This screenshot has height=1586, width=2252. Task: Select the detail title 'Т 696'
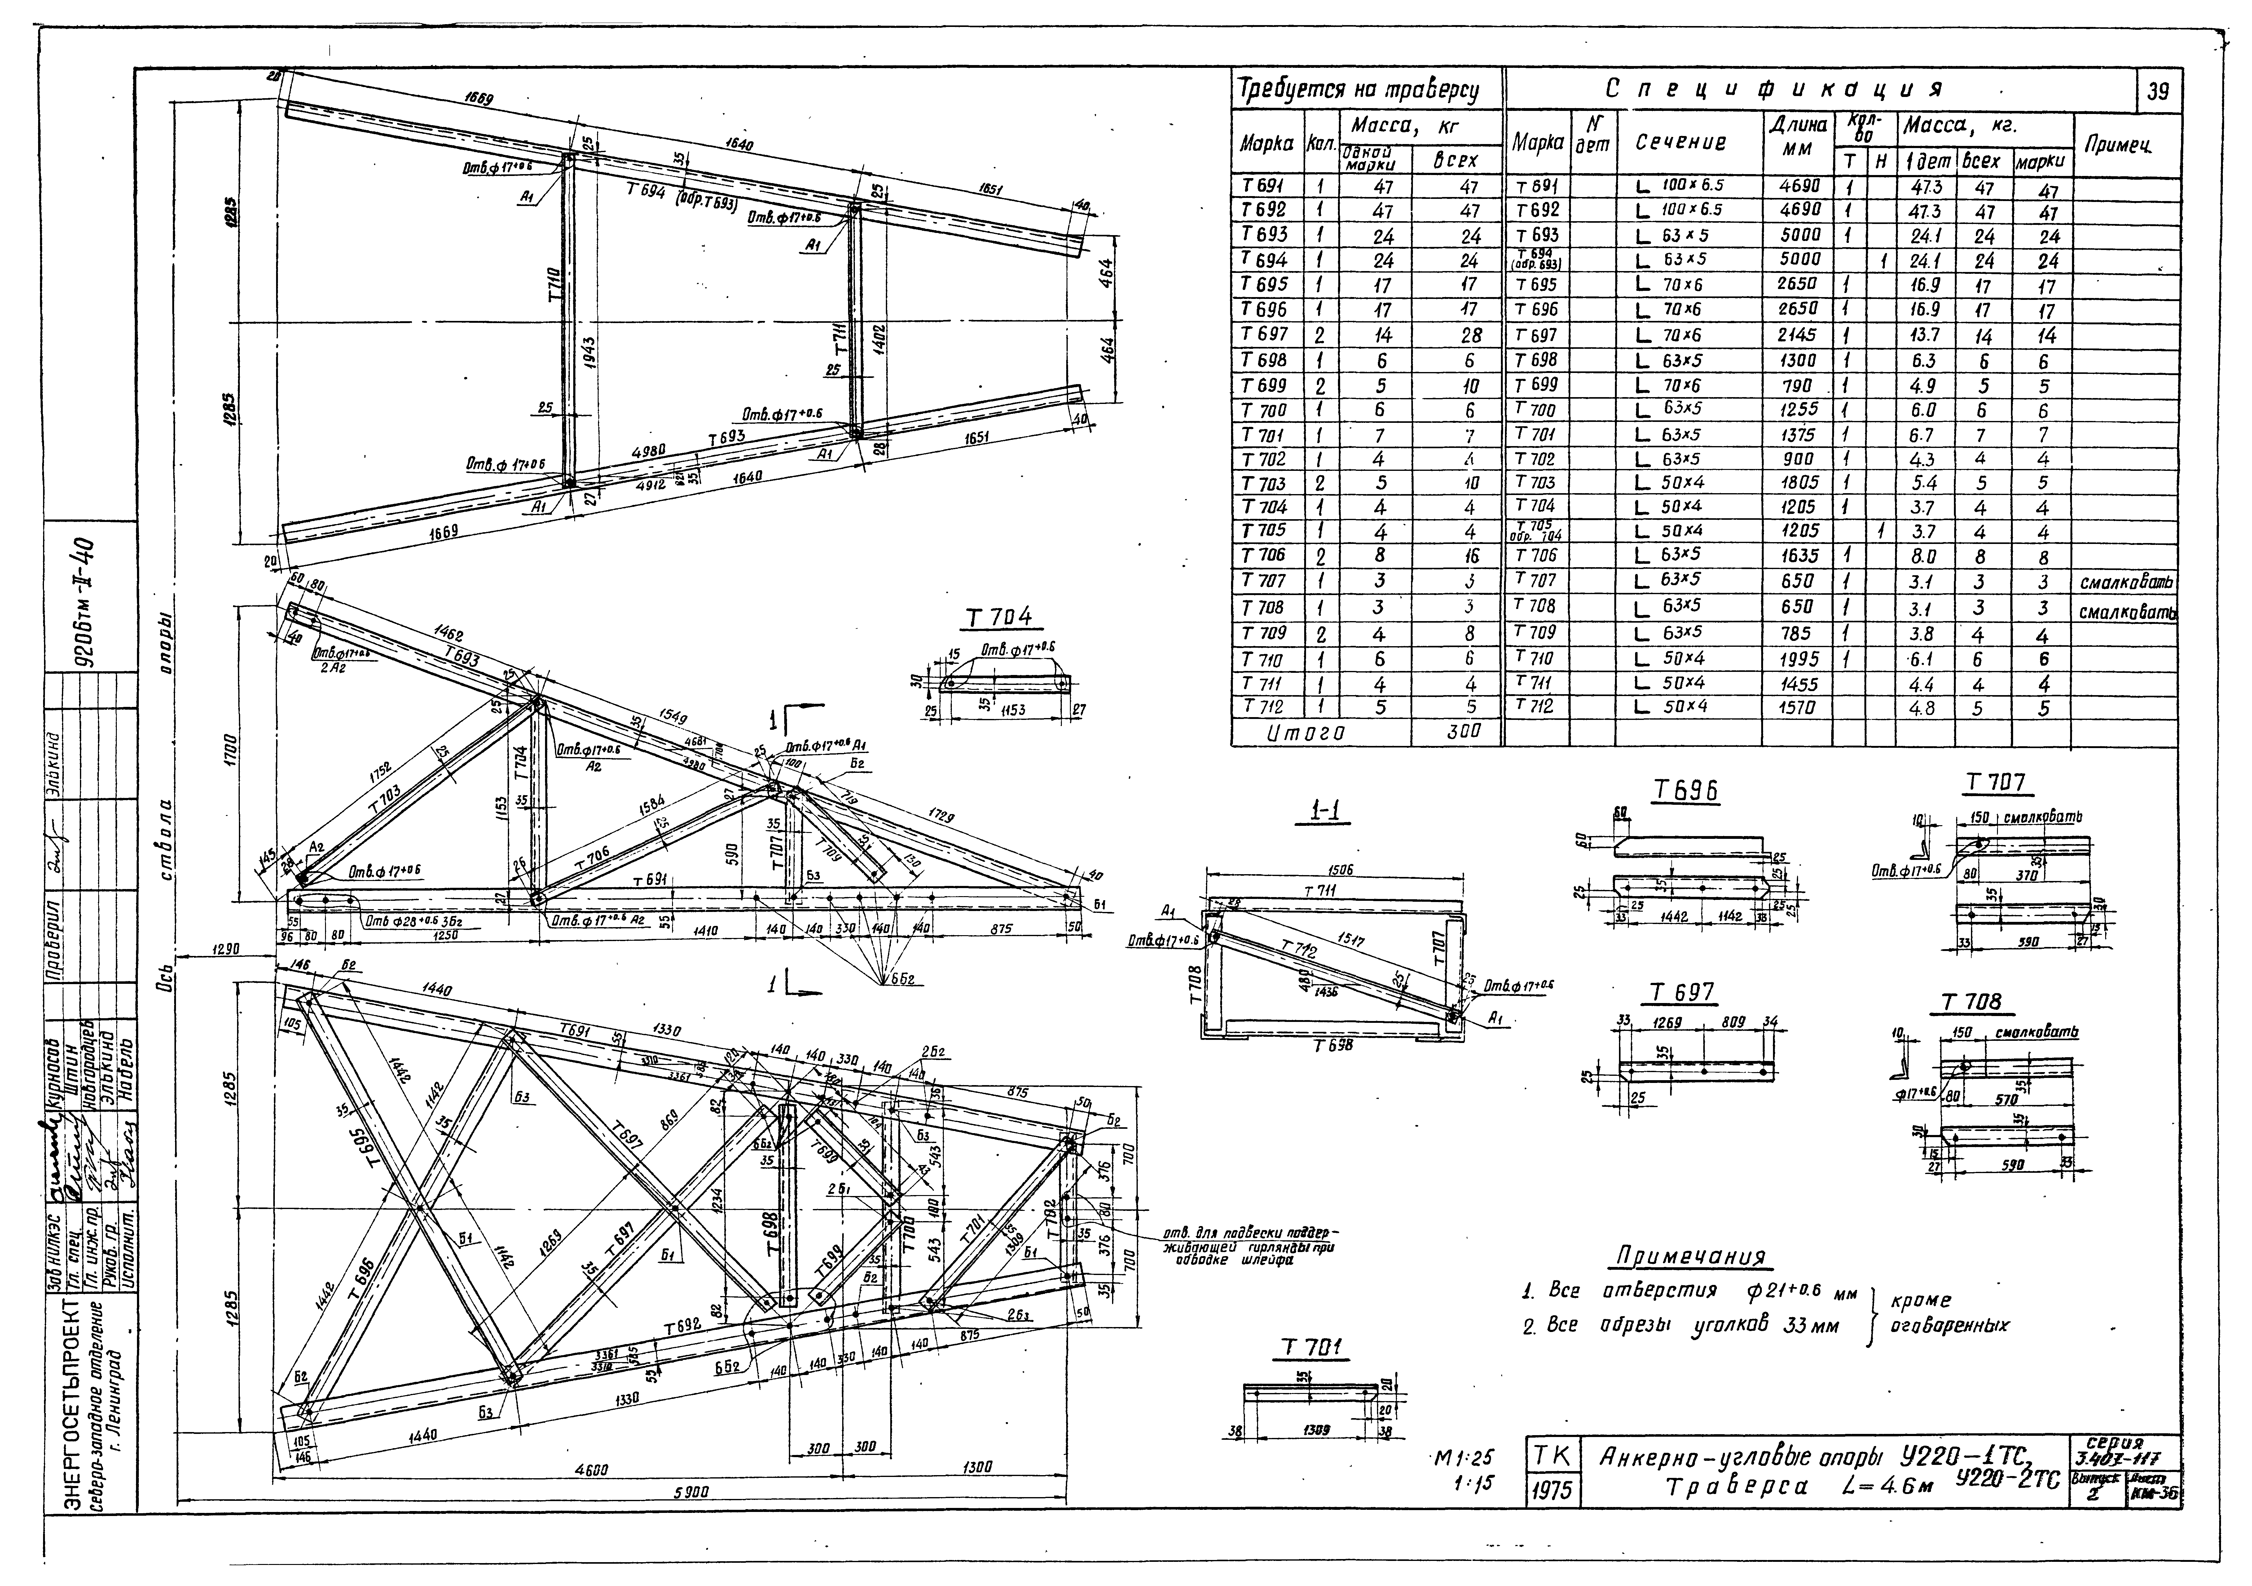1686,791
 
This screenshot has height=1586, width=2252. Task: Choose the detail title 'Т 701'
1310,1349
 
